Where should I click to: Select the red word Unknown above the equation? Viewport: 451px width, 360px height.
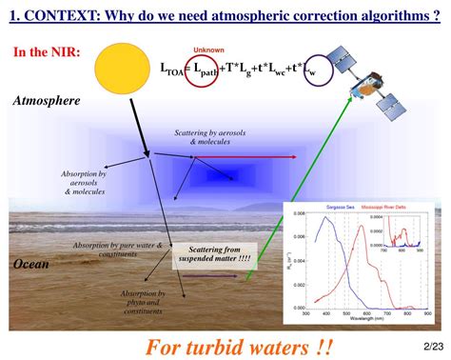208,50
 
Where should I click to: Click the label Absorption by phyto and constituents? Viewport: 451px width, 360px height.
143,302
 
